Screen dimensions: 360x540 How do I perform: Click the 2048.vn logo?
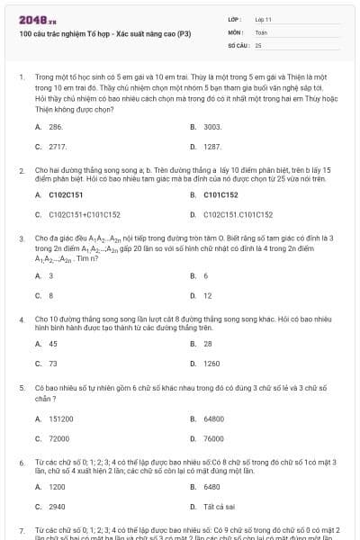tap(31, 20)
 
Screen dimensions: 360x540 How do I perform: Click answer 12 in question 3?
tap(208, 295)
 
